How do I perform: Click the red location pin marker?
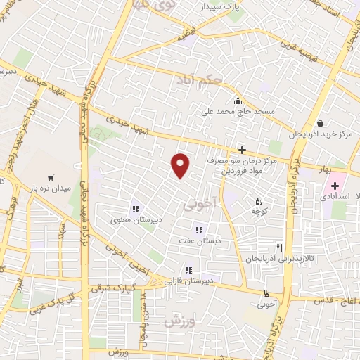pyautogui.click(x=181, y=165)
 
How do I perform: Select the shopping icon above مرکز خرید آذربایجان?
pyautogui.click(x=320, y=124)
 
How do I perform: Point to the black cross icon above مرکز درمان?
pyautogui.click(x=242, y=149)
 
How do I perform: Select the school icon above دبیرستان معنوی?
pyautogui.click(x=135, y=208)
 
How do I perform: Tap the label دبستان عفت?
pyautogui.click(x=198, y=240)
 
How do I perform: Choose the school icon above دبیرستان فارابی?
pyautogui.click(x=188, y=269)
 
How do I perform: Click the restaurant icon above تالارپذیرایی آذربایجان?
pyautogui.click(x=280, y=247)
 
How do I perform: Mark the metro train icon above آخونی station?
pyautogui.click(x=266, y=293)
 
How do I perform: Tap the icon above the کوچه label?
pyautogui.click(x=258, y=200)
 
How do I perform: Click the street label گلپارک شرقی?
pyautogui.click(x=113, y=288)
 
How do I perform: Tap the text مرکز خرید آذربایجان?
pyautogui.click(x=320, y=134)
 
